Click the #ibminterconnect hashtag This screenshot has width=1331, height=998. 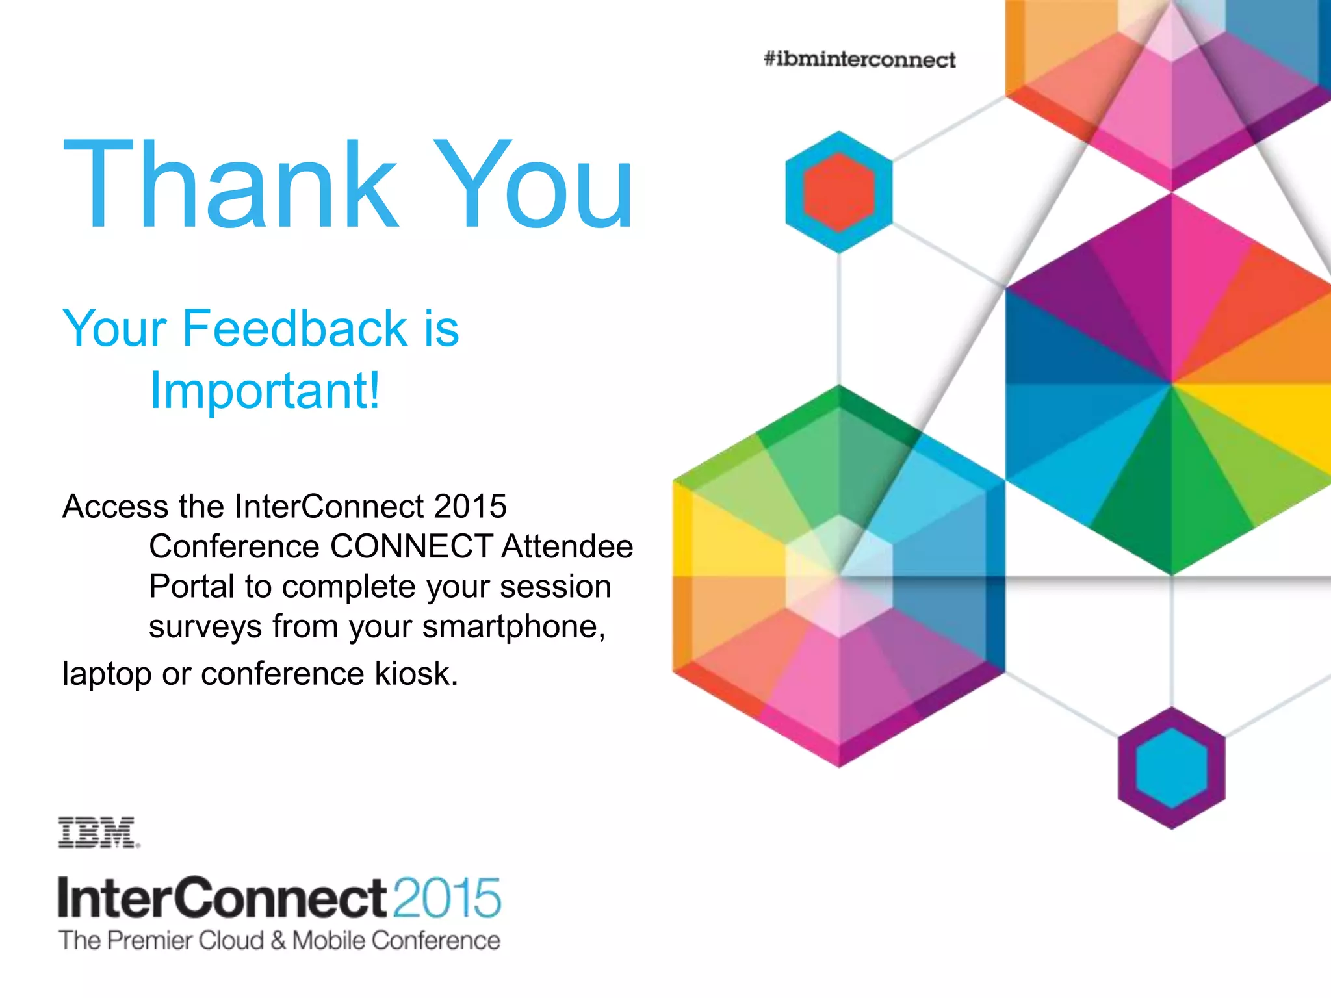point(859,59)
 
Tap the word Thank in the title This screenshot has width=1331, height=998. point(231,185)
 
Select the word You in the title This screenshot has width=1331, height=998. point(533,185)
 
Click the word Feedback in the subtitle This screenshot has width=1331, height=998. point(294,328)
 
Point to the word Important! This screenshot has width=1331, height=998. point(265,390)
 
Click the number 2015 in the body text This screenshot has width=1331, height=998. point(470,506)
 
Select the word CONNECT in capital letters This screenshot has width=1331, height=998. point(411,546)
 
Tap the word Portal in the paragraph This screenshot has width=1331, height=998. point(192,586)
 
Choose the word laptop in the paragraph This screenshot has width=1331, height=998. point(107,674)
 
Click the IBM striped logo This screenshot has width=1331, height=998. point(98,833)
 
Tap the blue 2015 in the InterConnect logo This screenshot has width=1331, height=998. point(447,898)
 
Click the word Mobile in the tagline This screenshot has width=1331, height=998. point(328,940)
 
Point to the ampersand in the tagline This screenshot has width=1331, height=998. point(278,940)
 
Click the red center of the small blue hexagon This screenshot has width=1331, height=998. point(839,192)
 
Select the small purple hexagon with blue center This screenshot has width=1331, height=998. point(1171,767)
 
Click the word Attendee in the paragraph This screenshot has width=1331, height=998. point(567,546)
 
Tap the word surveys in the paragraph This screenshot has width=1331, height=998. point(205,627)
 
